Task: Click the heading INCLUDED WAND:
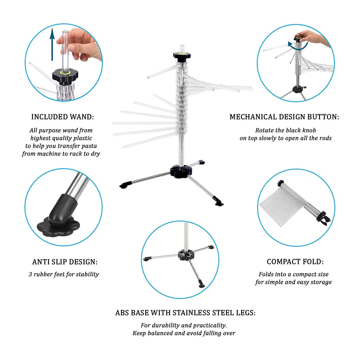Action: click(x=63, y=117)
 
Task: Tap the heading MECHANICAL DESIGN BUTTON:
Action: click(x=284, y=117)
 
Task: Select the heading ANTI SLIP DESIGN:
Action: click(x=65, y=262)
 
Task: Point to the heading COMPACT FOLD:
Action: click(x=295, y=262)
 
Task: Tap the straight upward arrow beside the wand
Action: click(x=52, y=45)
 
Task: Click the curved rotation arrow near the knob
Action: click(x=297, y=46)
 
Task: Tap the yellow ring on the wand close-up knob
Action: click(x=65, y=73)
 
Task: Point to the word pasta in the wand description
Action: click(x=88, y=146)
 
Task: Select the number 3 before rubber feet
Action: click(x=30, y=274)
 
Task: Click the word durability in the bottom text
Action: click(x=166, y=325)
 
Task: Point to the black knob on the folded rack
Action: click(x=281, y=184)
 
